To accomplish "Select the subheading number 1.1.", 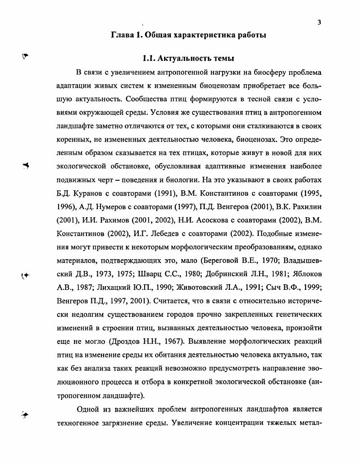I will (x=149, y=59).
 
